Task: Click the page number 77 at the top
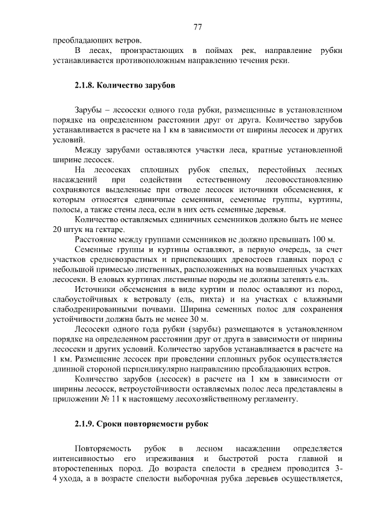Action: click(197, 27)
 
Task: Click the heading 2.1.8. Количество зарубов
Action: click(124, 86)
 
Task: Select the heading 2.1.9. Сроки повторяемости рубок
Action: click(141, 425)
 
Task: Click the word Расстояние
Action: click(96, 239)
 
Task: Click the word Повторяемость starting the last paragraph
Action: click(103, 449)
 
